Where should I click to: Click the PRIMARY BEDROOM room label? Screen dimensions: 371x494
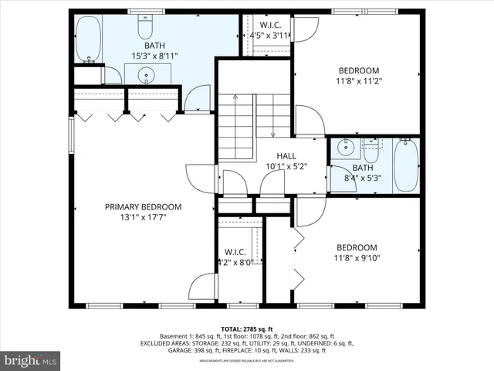tap(144, 207)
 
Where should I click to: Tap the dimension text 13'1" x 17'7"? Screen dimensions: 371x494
tap(144, 217)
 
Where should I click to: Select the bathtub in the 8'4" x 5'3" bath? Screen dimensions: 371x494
tap(406, 166)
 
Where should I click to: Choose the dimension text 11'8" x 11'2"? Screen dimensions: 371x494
tap(359, 80)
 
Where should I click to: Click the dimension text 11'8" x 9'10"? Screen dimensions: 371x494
tap(357, 258)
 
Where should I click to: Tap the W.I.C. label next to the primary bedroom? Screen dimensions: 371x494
tap(235, 252)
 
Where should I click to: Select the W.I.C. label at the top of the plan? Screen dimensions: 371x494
tap(270, 24)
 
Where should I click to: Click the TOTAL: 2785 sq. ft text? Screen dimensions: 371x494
tap(246, 328)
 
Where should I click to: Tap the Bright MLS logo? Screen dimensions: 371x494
tap(31, 360)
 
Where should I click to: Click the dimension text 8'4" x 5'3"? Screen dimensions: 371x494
tap(362, 178)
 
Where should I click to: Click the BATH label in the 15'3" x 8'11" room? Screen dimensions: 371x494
tap(144, 46)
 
